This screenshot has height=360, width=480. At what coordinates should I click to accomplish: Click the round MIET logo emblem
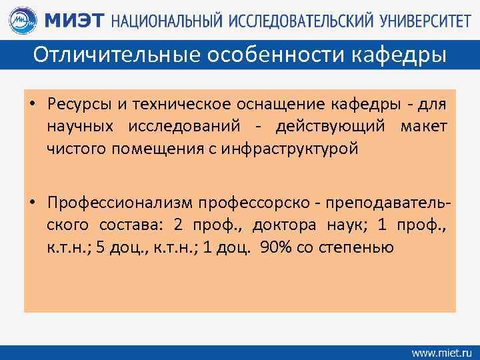[23, 19]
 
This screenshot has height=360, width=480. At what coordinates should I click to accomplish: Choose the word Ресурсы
[74, 105]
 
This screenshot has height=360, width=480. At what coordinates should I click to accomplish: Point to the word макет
[423, 127]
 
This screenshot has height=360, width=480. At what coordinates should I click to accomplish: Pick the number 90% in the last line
[275, 247]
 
